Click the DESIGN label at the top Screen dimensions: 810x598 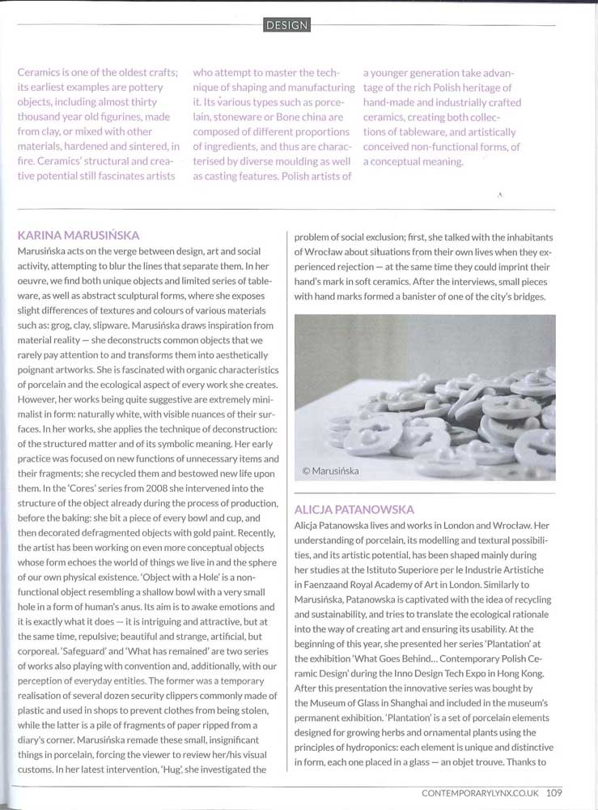coord(287,25)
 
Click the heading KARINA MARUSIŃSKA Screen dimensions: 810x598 coord(78,236)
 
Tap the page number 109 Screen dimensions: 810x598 coord(554,792)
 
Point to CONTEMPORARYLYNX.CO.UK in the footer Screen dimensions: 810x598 coord(481,792)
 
